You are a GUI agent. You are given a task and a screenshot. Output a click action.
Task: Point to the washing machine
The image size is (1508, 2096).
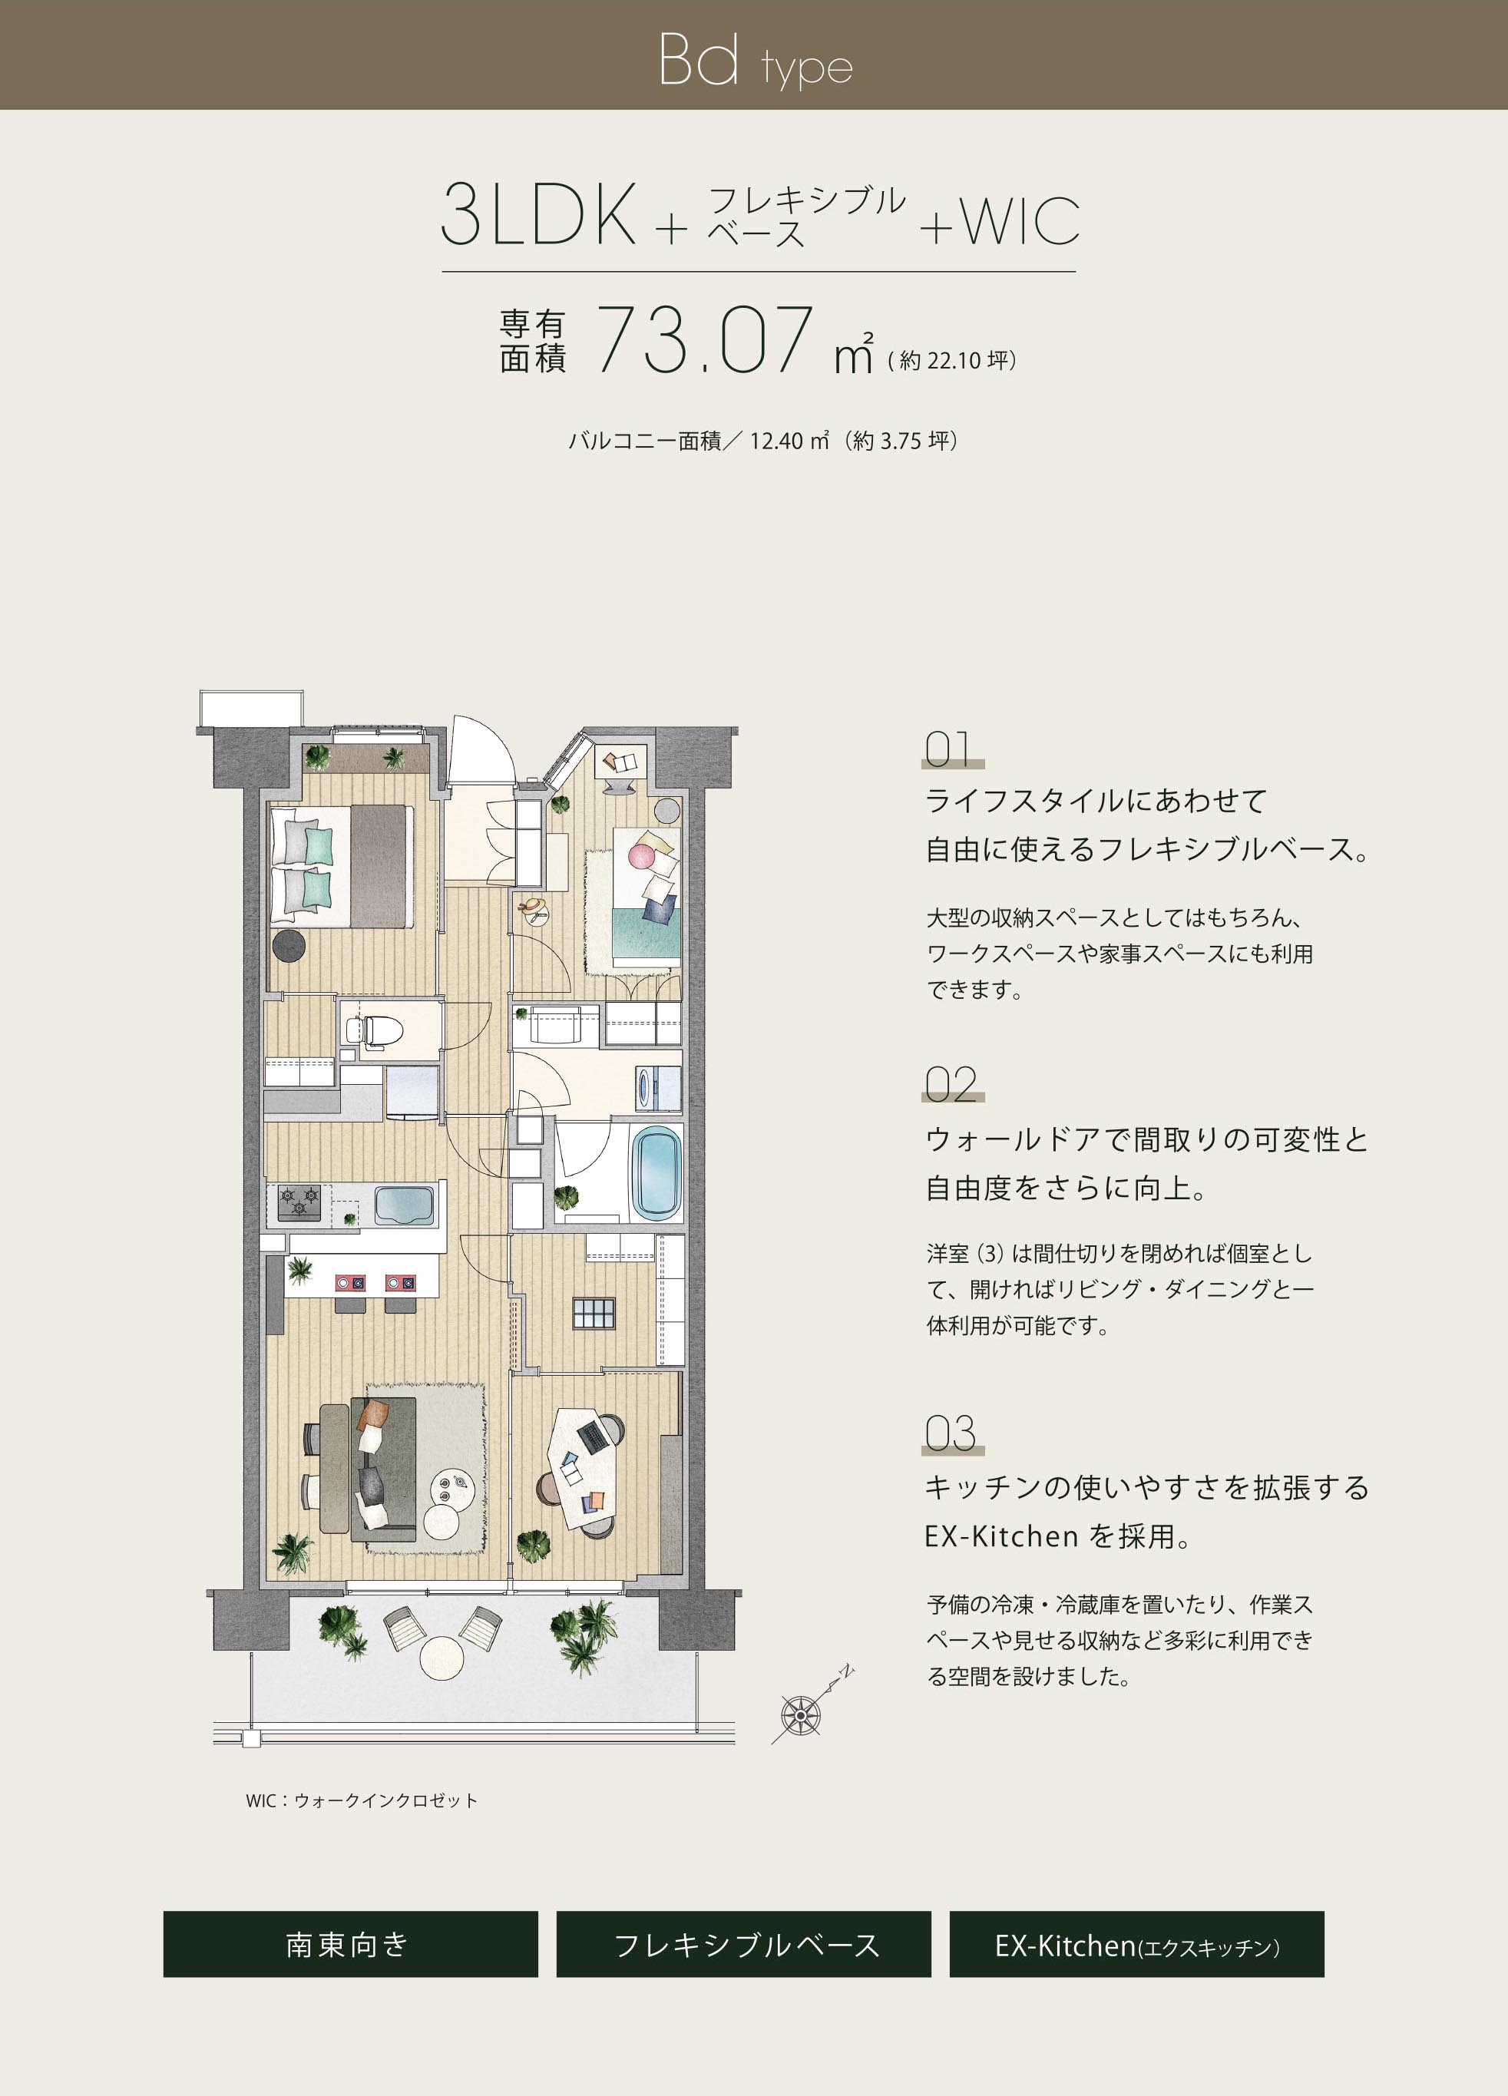click(657, 1088)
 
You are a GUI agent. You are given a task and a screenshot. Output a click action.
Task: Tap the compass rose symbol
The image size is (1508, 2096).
click(800, 1715)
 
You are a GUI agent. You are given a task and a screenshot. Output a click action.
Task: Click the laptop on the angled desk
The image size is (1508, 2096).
click(592, 1435)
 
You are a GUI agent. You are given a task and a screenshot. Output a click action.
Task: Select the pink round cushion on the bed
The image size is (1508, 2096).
click(641, 855)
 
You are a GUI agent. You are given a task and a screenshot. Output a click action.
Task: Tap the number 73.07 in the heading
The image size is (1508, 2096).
click(705, 340)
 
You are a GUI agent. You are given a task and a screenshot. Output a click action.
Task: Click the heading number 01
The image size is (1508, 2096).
click(949, 749)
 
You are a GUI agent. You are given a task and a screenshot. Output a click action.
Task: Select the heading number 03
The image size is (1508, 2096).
click(950, 1433)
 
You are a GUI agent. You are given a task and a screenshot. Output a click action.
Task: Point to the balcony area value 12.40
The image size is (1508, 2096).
click(775, 441)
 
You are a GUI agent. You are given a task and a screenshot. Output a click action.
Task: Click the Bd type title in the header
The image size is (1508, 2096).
click(754, 61)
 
